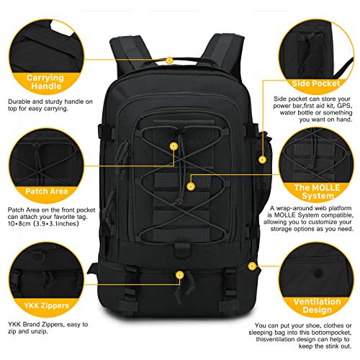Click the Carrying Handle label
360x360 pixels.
tap(45, 81)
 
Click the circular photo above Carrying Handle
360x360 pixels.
tap(43, 32)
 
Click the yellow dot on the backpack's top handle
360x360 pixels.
tap(169, 60)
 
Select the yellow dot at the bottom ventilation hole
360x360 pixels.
tap(252, 266)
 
